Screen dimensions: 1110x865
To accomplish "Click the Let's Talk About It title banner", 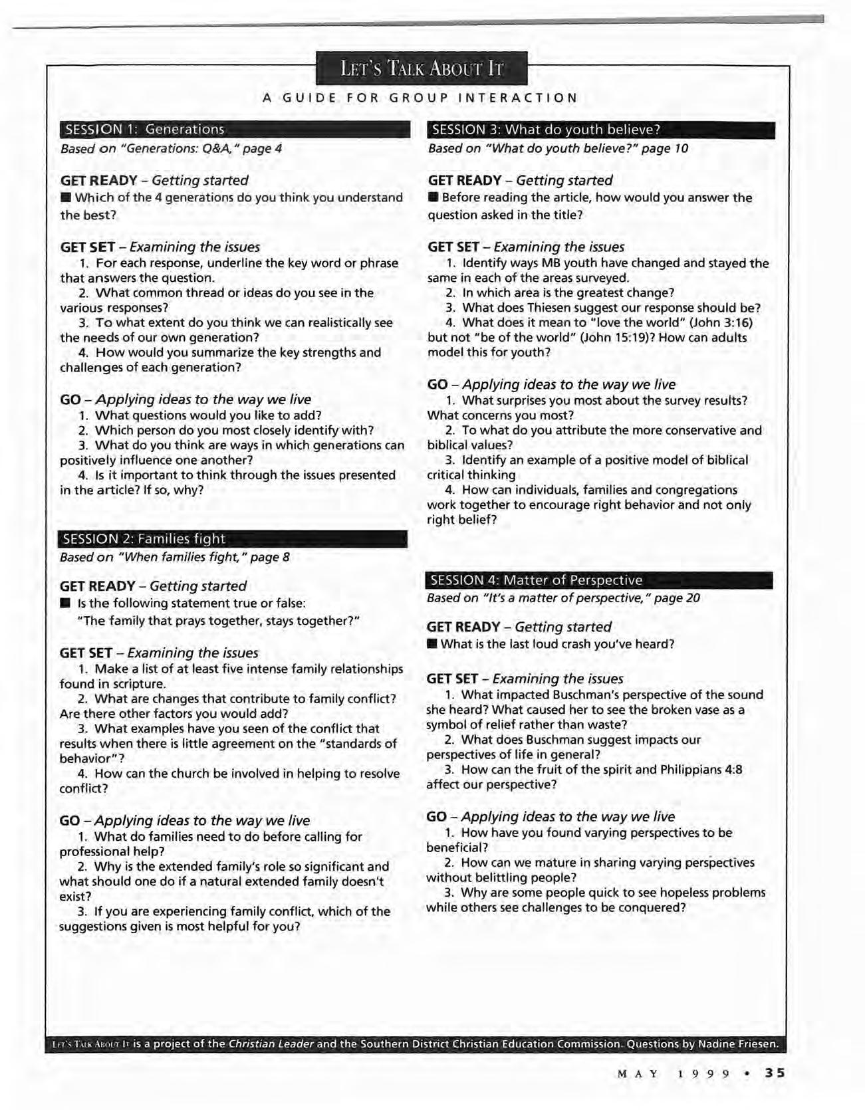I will [x=421, y=68].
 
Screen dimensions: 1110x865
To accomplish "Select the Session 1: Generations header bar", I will [x=235, y=130].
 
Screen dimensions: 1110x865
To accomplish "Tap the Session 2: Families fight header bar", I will [x=233, y=539].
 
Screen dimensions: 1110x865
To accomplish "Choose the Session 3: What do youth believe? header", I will [x=600, y=130].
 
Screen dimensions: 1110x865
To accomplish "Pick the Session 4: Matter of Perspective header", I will [x=598, y=580].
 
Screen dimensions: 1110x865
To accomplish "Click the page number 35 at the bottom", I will [x=775, y=1073].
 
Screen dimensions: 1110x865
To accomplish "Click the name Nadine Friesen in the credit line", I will [x=737, y=1044].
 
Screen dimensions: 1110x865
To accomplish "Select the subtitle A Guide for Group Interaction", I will [x=420, y=98].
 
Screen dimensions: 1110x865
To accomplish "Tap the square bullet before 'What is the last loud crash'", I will [x=432, y=644].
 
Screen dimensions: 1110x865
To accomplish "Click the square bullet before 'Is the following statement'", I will [x=64, y=604].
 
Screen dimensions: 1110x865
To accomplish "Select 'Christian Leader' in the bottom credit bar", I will [x=271, y=1044].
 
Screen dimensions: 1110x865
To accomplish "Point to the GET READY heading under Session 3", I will [x=464, y=181].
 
